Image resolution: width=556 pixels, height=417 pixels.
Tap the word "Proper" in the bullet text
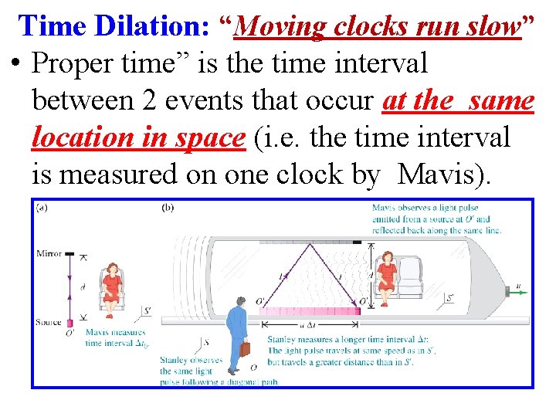[76, 63]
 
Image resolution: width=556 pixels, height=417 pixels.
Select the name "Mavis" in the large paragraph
[441, 175]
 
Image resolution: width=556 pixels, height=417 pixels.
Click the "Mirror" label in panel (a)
[49, 253]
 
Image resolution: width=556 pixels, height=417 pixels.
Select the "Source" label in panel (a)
[48, 322]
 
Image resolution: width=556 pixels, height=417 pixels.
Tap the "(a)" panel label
[42, 207]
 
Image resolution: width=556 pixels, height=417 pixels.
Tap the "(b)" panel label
[168, 207]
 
